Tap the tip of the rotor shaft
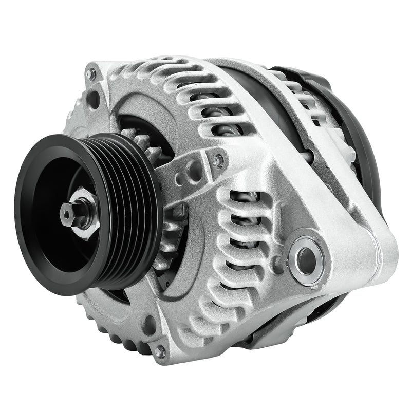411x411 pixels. pyautogui.click(x=67, y=212)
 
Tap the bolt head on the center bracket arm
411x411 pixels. pyautogui.click(x=218, y=161)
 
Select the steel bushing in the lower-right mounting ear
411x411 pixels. pyautogui.click(x=307, y=255)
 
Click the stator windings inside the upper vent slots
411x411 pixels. pyautogui.click(x=221, y=113)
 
